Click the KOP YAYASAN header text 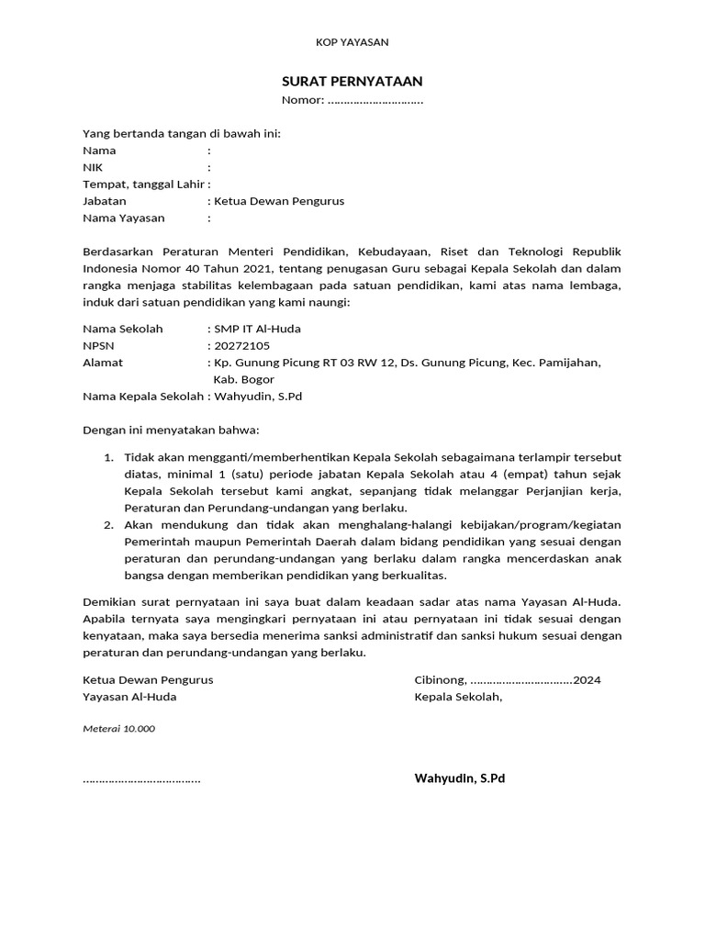(x=352, y=42)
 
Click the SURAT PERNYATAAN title (x=352, y=81)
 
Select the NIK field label (x=93, y=167)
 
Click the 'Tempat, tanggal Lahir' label (x=144, y=184)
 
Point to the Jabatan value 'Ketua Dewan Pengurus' (x=278, y=201)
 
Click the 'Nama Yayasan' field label (x=124, y=218)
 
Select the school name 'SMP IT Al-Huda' (x=257, y=329)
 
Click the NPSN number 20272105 (x=242, y=346)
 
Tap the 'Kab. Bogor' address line (x=243, y=379)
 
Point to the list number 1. (x=107, y=457)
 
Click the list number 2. (x=107, y=525)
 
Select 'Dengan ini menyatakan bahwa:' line (x=172, y=430)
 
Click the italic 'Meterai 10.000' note (x=119, y=729)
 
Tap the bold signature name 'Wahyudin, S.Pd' (x=460, y=778)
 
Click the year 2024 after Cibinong (x=587, y=680)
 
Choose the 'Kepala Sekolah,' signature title (x=458, y=697)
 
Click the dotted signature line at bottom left (x=141, y=780)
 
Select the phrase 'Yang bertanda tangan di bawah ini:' (x=182, y=133)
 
